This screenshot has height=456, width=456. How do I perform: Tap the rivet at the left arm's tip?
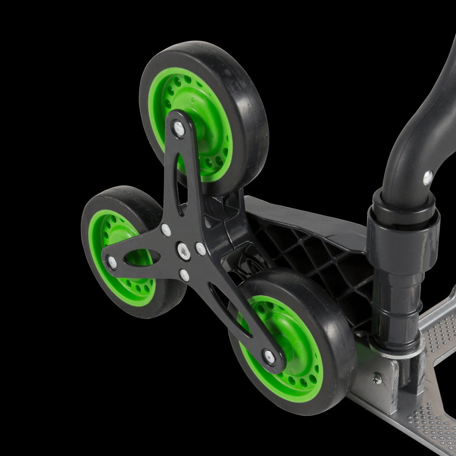click(112, 260)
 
